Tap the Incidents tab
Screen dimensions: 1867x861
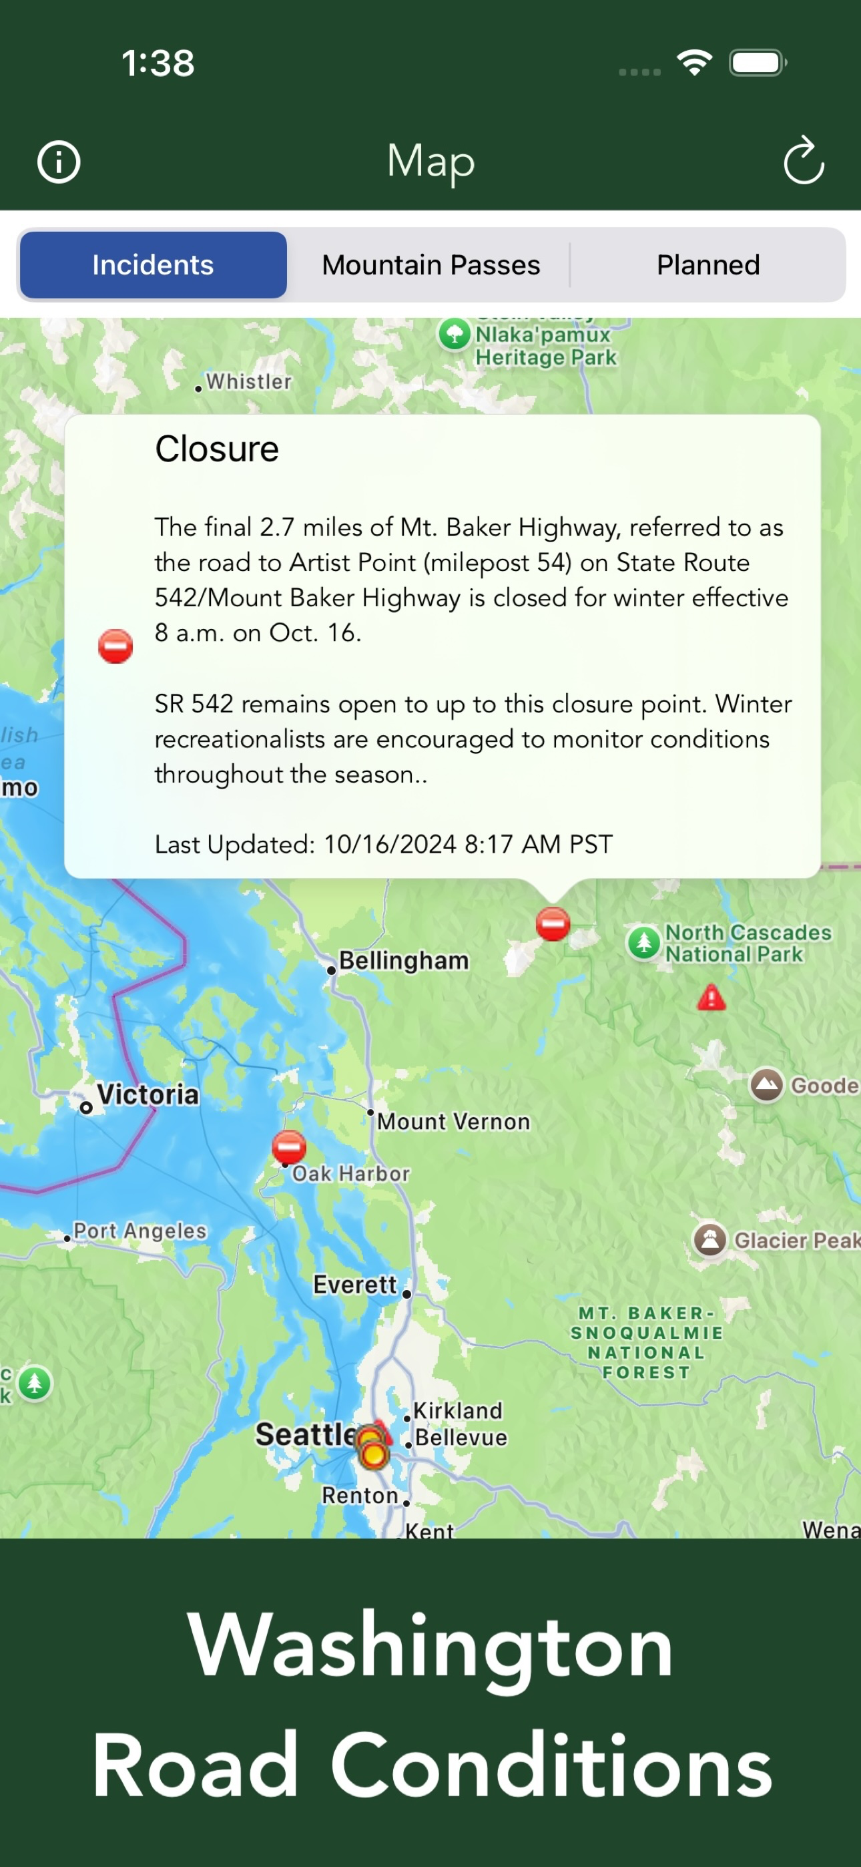coord(153,265)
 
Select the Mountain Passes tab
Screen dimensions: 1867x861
coord(431,265)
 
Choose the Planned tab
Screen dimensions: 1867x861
coord(707,265)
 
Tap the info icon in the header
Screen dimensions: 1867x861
coord(59,162)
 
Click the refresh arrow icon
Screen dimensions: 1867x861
coord(803,161)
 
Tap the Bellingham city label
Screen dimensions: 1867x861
coord(403,960)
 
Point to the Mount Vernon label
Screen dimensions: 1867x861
coord(453,1121)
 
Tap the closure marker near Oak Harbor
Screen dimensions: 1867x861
coord(288,1147)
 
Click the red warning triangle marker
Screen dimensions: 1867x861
coord(711,998)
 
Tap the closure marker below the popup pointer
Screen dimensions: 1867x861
coord(552,923)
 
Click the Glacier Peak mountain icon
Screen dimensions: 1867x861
coord(709,1239)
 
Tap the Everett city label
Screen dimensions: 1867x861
coord(354,1285)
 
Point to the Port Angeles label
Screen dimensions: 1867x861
coord(140,1230)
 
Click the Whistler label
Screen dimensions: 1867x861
coord(248,381)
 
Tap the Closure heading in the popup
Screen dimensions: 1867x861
coord(217,449)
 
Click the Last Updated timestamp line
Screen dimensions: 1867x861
coord(383,844)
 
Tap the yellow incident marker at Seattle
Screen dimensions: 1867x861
coord(373,1452)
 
